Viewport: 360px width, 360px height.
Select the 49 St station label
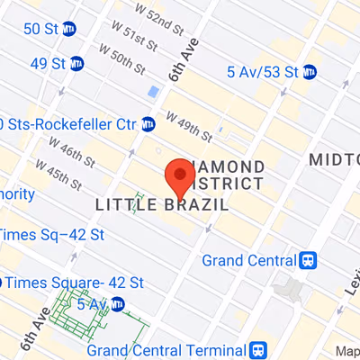pos(47,63)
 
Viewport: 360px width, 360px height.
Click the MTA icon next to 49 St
pos(77,63)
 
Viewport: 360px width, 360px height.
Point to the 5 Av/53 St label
pos(263,71)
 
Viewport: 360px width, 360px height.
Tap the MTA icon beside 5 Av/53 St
pos(310,71)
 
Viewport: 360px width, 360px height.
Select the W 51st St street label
pos(124,40)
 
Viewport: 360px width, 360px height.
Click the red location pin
pos(180,176)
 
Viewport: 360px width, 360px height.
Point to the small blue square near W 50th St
pos(152,92)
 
